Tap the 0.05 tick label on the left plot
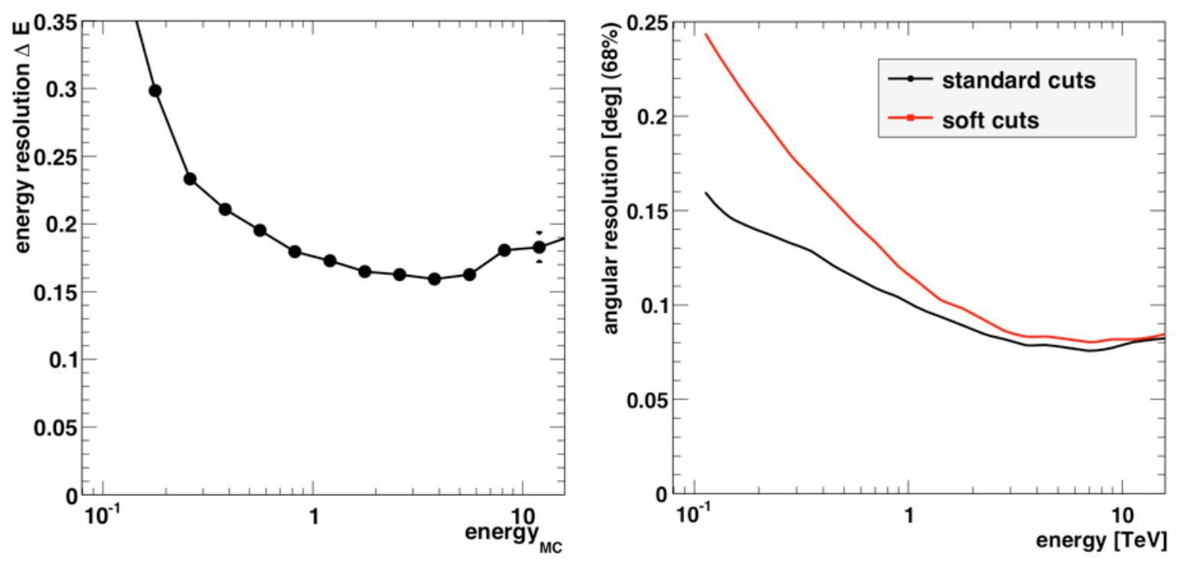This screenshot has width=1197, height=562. [x=56, y=428]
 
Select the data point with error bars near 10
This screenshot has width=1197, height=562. [x=539, y=247]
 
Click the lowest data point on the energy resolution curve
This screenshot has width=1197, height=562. [x=435, y=279]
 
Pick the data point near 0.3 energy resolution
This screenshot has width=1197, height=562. [x=155, y=91]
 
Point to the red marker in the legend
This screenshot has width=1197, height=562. [x=911, y=118]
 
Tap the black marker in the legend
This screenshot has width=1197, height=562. [x=911, y=79]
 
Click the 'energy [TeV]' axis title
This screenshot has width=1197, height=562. [x=1101, y=540]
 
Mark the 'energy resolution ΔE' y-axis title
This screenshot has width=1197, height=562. [x=22, y=137]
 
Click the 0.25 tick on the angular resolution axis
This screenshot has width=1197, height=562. [x=647, y=24]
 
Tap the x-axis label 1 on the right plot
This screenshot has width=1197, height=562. [x=908, y=515]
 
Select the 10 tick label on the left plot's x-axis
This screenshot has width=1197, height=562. [x=522, y=516]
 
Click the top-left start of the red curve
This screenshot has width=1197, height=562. [x=706, y=34]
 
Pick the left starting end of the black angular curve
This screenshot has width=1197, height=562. [x=706, y=192]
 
